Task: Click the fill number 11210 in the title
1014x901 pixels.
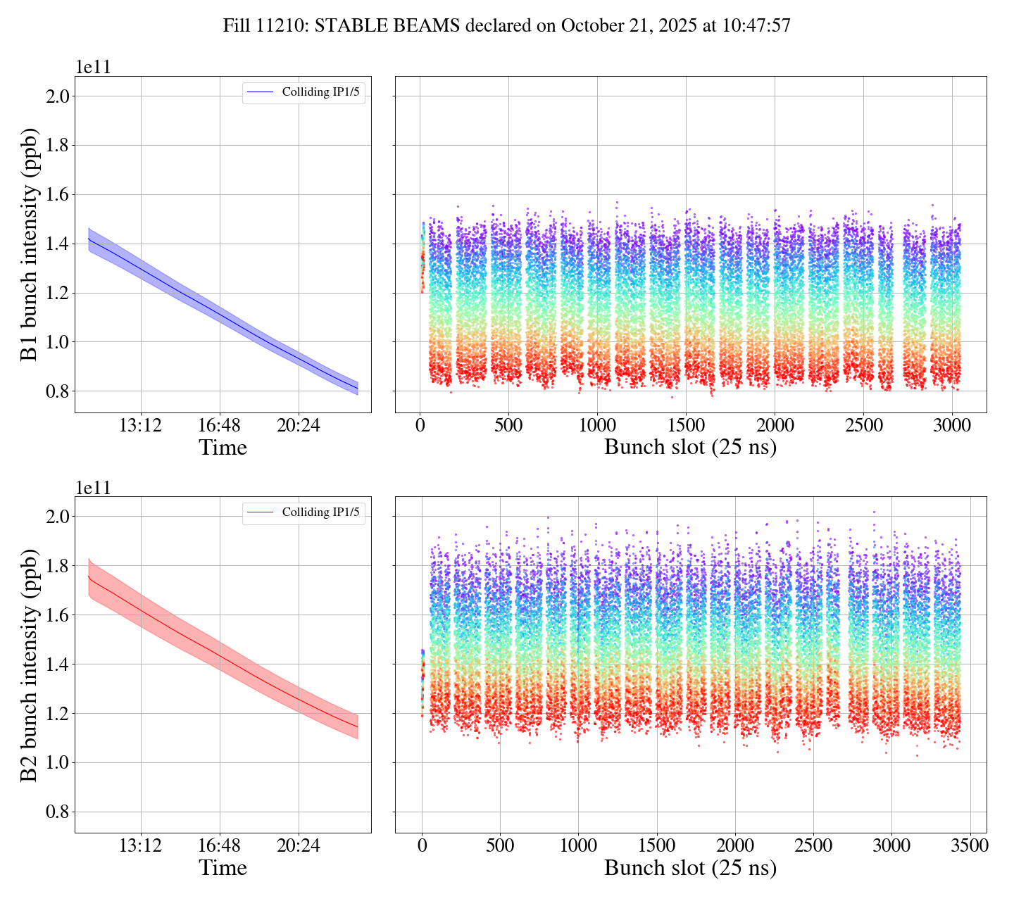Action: coord(284,26)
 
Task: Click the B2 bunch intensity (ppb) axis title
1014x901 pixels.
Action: coord(29,664)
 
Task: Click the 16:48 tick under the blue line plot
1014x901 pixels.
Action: coord(220,425)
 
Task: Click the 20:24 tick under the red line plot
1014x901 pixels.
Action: coord(299,845)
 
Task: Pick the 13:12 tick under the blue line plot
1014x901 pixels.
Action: coord(141,425)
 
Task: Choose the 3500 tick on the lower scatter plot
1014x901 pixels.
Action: coord(970,845)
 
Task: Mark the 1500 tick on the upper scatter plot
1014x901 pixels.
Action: coord(686,425)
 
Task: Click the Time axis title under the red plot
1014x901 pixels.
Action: coord(223,868)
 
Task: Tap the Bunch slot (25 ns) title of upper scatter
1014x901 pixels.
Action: coord(690,448)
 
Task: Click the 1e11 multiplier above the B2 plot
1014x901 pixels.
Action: coord(94,488)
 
